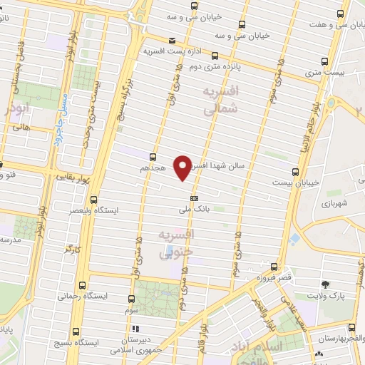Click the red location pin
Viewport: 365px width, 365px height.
[x=183, y=166]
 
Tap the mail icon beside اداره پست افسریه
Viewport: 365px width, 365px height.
[x=172, y=41]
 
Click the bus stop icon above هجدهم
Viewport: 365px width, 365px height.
[x=153, y=156]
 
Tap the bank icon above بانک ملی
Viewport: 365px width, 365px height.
[x=194, y=198]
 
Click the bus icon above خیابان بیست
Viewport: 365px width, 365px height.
[x=296, y=171]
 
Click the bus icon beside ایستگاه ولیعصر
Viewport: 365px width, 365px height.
[x=93, y=200]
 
